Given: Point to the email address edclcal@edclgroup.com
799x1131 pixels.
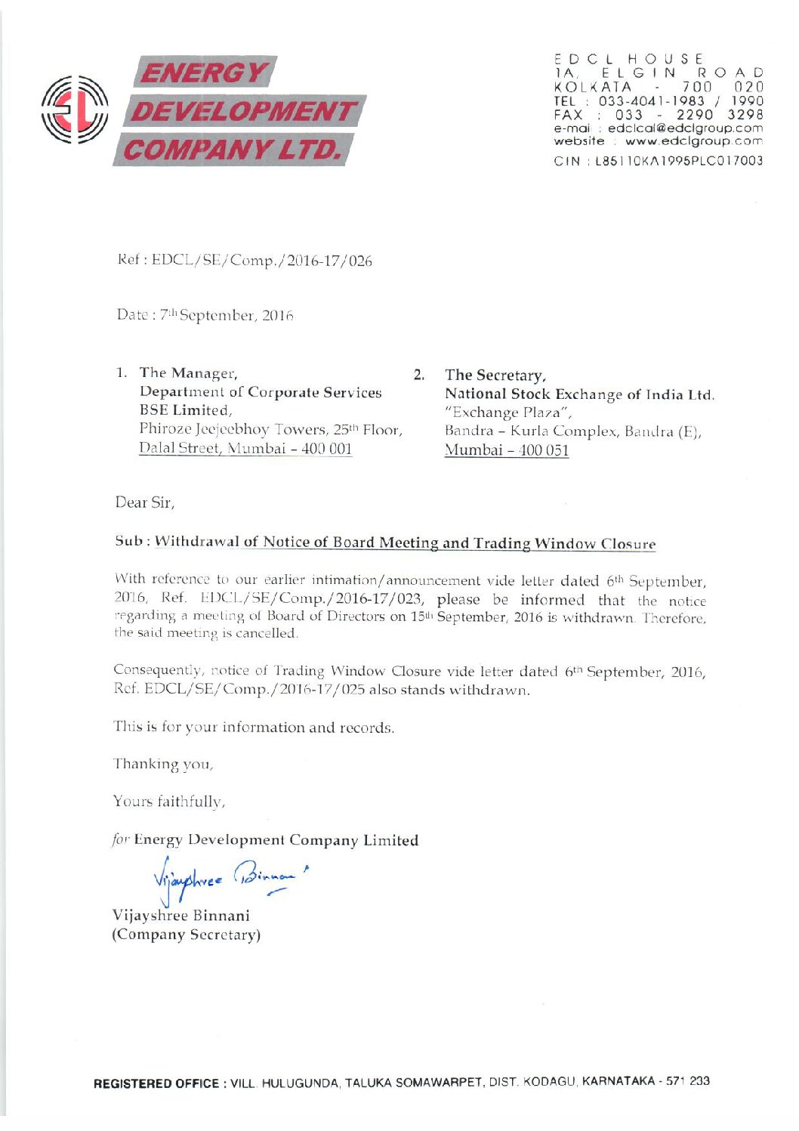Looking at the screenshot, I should pyautogui.click(x=684, y=128).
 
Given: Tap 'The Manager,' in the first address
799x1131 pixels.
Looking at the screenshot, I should pyautogui.click(x=188, y=372).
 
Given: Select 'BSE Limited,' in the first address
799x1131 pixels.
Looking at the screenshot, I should pyautogui.click(x=185, y=410).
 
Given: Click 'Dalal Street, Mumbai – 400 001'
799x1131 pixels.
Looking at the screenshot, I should pyautogui.click(x=245, y=448).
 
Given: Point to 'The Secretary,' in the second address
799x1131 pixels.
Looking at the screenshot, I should pyautogui.click(x=495, y=375).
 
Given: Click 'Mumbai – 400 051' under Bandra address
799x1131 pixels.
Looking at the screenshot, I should pyautogui.click(x=507, y=450).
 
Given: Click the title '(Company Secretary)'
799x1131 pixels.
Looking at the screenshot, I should pyautogui.click(x=187, y=935).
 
